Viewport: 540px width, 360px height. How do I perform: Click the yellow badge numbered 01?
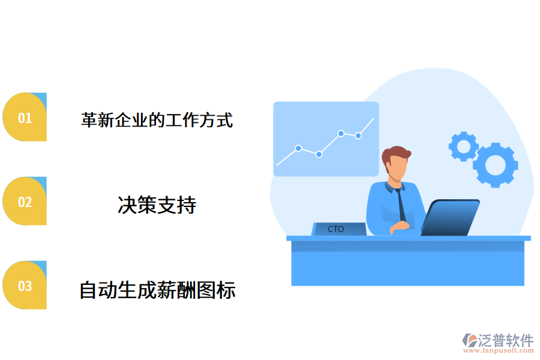pyautogui.click(x=25, y=118)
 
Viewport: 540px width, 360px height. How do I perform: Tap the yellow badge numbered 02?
pyautogui.click(x=25, y=202)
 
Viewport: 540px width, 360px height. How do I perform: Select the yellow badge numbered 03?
pyautogui.click(x=25, y=286)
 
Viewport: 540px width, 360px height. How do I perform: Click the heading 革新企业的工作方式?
pyautogui.click(x=157, y=120)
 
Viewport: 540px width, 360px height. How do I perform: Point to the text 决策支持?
pyautogui.click(x=157, y=205)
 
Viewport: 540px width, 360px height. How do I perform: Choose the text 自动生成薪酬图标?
pyautogui.click(x=157, y=290)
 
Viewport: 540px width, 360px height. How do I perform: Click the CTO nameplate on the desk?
pyautogui.click(x=338, y=229)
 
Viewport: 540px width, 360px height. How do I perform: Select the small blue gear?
pyautogui.click(x=463, y=146)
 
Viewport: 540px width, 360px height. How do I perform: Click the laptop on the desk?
pyautogui.click(x=450, y=218)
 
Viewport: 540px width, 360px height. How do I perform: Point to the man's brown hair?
pyautogui.click(x=395, y=154)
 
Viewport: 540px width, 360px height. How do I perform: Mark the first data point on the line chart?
pyautogui.click(x=298, y=148)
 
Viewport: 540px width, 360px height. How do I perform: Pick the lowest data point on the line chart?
pyautogui.click(x=319, y=154)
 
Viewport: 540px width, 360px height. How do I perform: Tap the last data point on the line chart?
pyautogui.click(x=358, y=136)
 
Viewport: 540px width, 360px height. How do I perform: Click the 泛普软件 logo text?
pyautogui.click(x=505, y=340)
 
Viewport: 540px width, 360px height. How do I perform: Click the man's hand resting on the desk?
pyautogui.click(x=400, y=227)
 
